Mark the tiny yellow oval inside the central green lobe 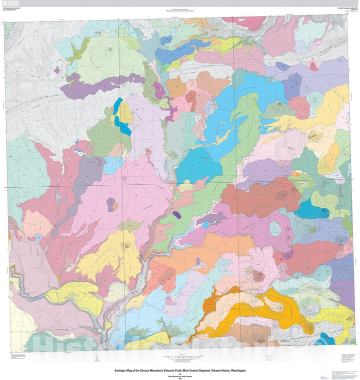[x=254, y=106]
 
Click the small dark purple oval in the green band [x=176, y=214]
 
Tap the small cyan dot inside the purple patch [x=205, y=225]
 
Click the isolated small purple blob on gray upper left [x=56, y=70]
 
